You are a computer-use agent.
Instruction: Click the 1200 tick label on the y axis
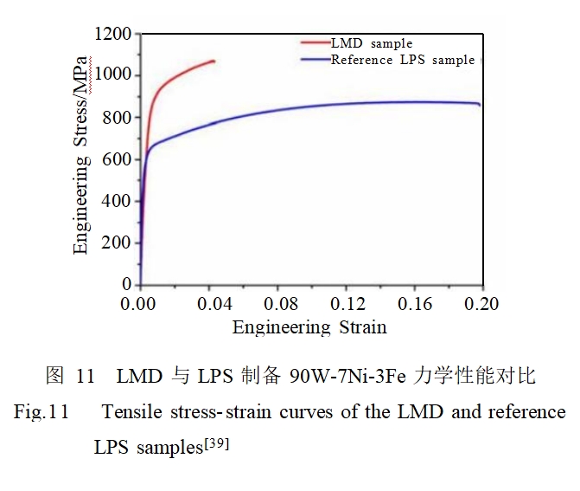click(112, 34)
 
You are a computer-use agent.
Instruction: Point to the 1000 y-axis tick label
click(112, 75)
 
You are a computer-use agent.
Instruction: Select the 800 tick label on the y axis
click(117, 118)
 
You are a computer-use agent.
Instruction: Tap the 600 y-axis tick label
click(117, 159)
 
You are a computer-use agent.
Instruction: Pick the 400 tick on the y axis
click(117, 201)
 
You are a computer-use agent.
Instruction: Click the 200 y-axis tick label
click(117, 242)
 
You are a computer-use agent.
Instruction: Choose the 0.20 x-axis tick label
click(481, 304)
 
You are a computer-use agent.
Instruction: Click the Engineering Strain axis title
click(309, 327)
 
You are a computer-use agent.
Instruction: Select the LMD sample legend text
click(372, 42)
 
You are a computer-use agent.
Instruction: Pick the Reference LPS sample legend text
click(403, 59)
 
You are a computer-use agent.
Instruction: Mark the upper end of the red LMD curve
click(214, 61)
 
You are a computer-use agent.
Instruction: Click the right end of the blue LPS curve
click(480, 106)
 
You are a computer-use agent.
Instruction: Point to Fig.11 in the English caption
click(41, 412)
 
